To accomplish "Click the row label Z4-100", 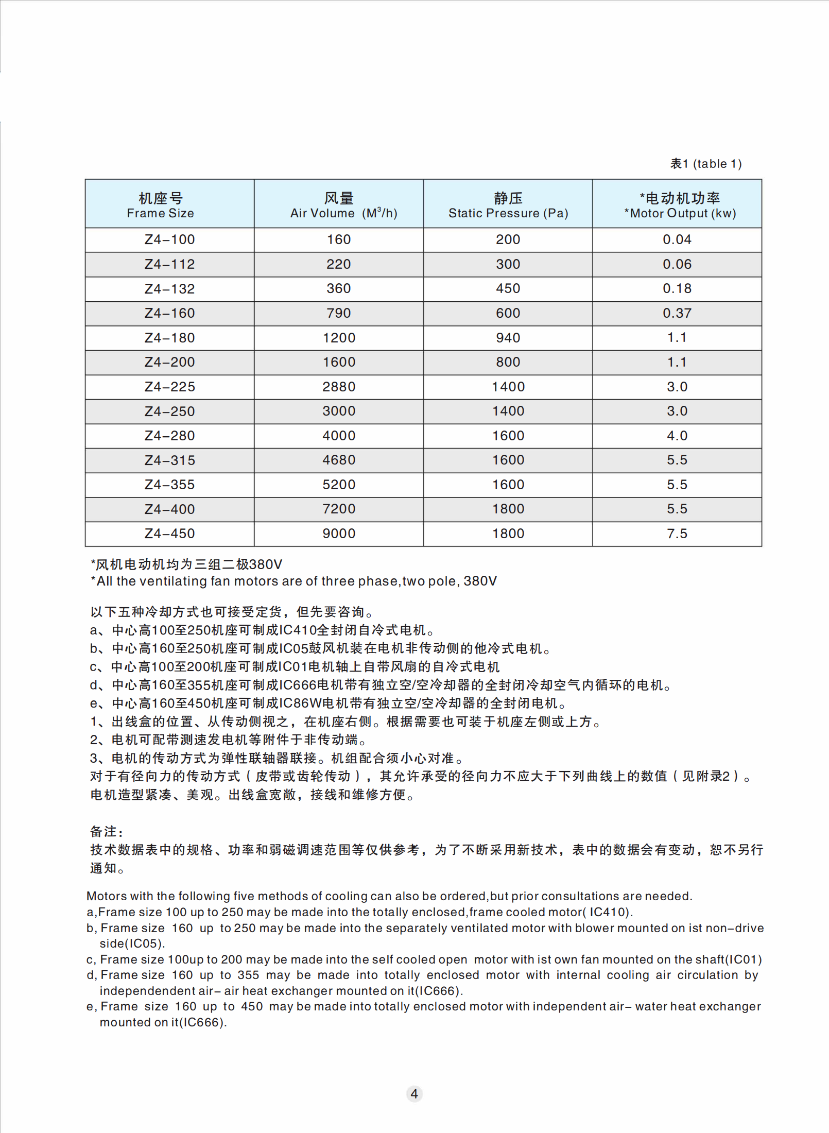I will click(x=169, y=239).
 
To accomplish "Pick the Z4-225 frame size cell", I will click(x=169, y=387).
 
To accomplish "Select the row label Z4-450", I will click(x=169, y=534).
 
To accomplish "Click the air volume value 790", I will click(x=339, y=313).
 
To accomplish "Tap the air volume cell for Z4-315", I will click(x=339, y=460).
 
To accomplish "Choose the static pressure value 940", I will click(x=508, y=338).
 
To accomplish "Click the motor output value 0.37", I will click(x=677, y=313).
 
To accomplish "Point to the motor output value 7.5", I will click(x=677, y=534).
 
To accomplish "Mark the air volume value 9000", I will click(x=339, y=534).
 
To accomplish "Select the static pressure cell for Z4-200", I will click(x=508, y=362).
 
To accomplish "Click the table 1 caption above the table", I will click(x=705, y=164).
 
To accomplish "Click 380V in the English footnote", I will click(x=480, y=581).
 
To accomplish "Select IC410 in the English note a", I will click(x=608, y=912).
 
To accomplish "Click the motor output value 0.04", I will click(x=677, y=239).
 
